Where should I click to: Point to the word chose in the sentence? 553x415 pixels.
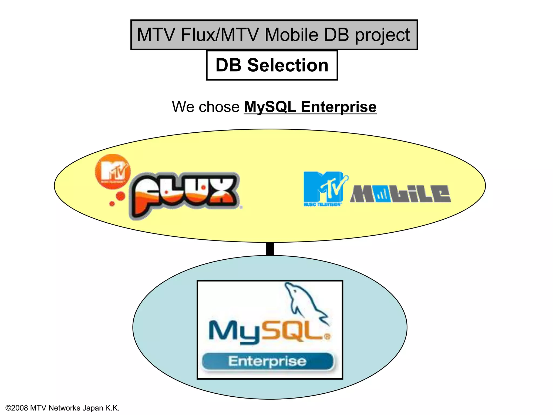[219, 107]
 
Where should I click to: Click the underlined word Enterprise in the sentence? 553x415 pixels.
[339, 107]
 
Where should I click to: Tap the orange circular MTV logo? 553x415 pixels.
[113, 172]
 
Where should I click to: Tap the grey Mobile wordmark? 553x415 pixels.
[400, 194]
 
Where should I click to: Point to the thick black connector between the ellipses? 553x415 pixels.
[270, 249]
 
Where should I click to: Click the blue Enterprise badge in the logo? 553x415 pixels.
[267, 361]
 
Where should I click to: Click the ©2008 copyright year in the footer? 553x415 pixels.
[17, 408]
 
